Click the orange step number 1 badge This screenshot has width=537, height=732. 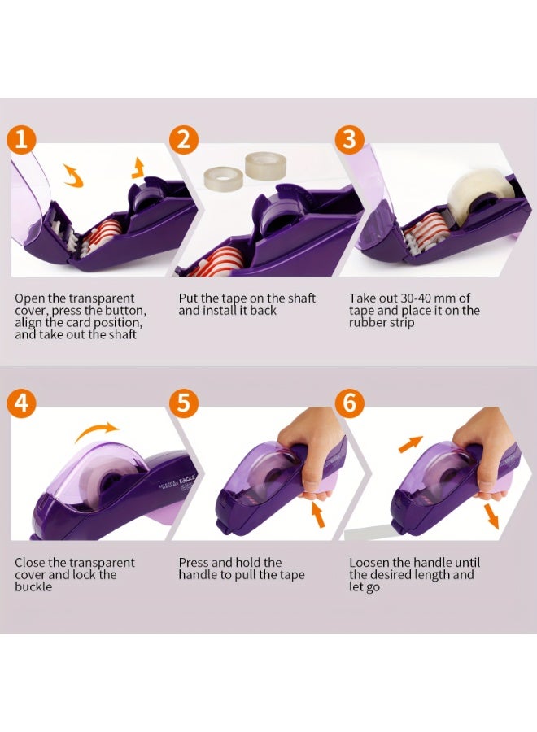coord(23,139)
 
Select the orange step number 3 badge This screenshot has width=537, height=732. coord(349,139)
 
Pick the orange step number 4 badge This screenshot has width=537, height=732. coord(23,404)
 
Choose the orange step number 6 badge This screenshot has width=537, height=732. coord(349,404)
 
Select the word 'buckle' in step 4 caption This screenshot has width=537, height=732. coord(33,586)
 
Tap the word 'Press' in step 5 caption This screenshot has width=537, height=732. coord(194,563)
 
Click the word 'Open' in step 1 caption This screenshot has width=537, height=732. coord(29,298)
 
